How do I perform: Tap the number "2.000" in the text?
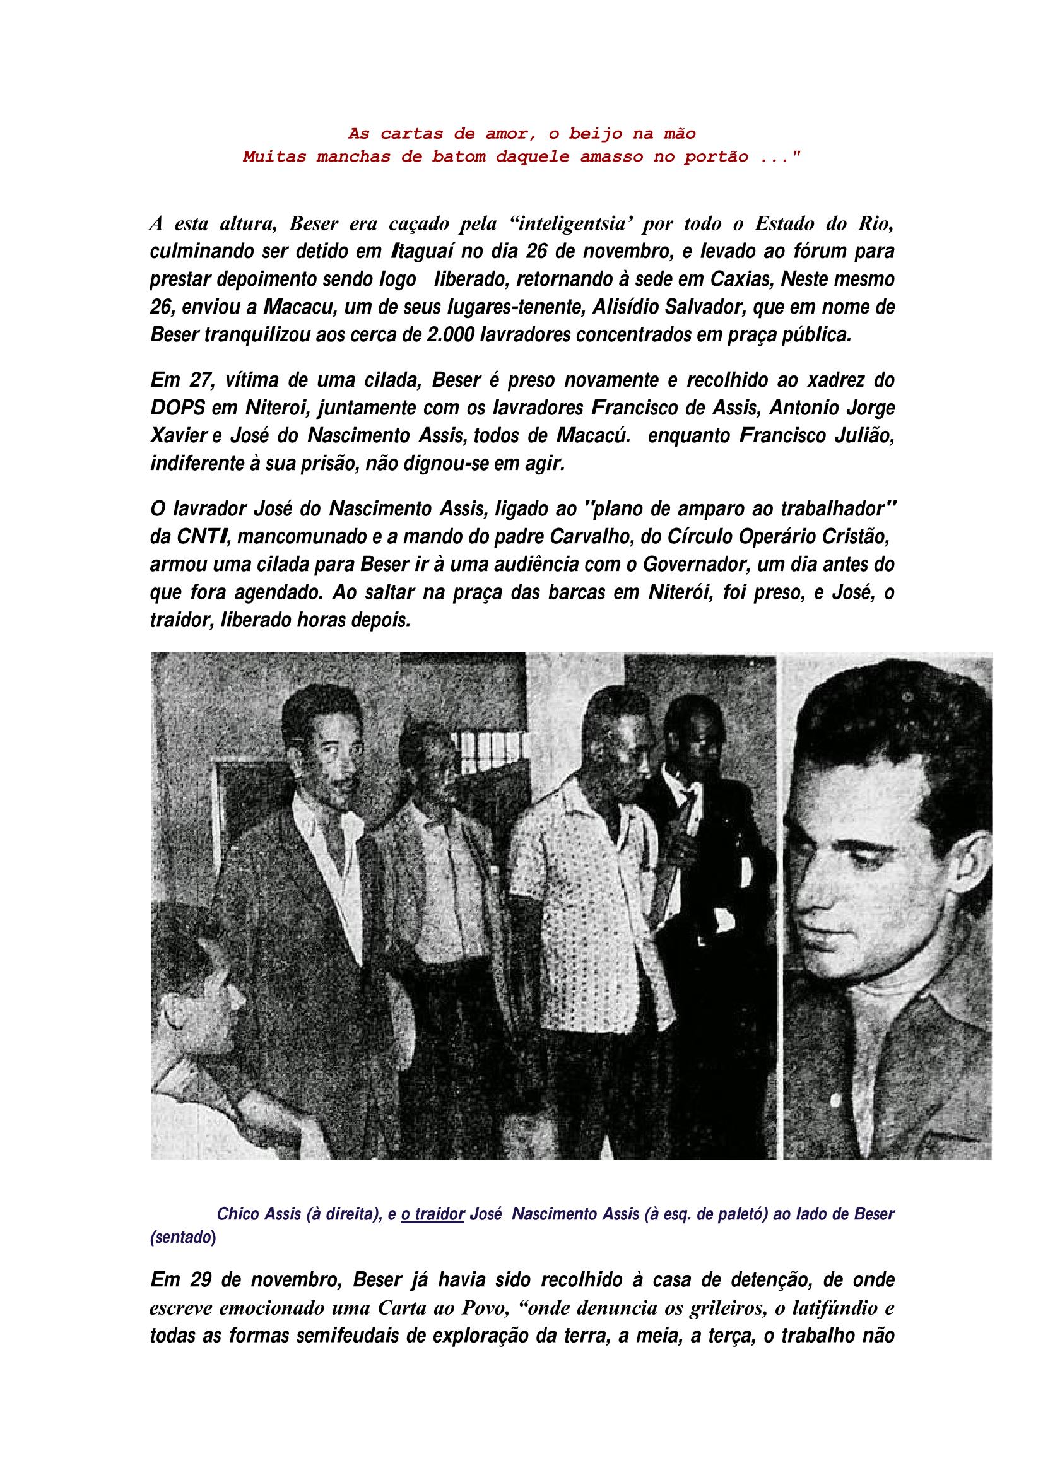pyautogui.click(x=449, y=336)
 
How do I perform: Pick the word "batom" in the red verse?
pyautogui.click(x=467, y=157)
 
